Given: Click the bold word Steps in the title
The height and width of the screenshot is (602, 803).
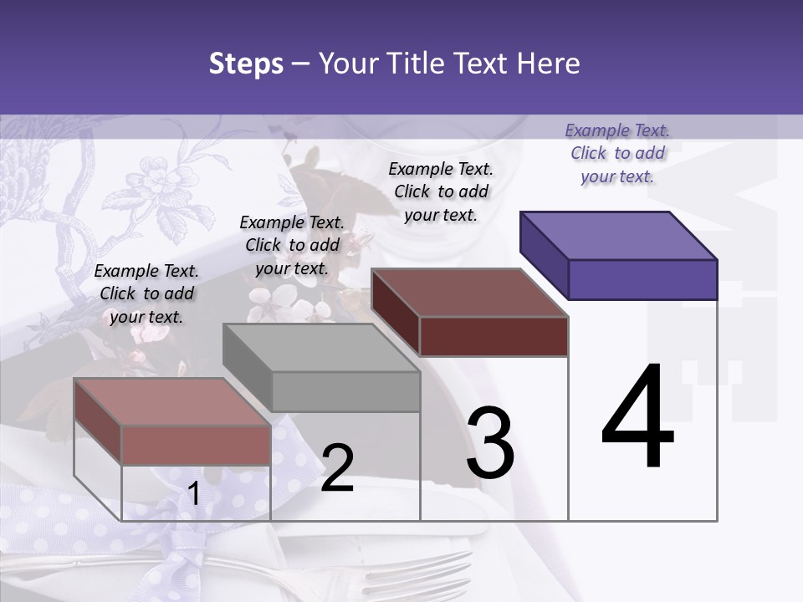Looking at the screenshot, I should (246, 64).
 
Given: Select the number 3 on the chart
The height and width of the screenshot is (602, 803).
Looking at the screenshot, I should (490, 443).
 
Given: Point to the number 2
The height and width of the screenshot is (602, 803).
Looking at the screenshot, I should (337, 468).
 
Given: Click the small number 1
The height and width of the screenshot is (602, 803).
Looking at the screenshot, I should (193, 494).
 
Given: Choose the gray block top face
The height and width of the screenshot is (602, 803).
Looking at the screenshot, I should (321, 348).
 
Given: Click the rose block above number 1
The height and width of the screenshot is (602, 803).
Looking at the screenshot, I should (172, 402).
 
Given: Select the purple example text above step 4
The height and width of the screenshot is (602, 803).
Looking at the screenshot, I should (617, 153).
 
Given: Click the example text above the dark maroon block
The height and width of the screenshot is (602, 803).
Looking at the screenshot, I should (441, 191).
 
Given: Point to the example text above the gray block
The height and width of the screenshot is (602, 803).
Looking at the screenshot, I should (292, 245).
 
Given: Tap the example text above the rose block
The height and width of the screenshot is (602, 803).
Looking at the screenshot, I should (146, 293).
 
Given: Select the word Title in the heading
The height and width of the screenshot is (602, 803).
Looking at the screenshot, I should (416, 64).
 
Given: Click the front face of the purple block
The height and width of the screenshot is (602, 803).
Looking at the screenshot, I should (642, 279).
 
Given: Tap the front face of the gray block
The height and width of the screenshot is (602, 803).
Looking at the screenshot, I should (345, 391).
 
